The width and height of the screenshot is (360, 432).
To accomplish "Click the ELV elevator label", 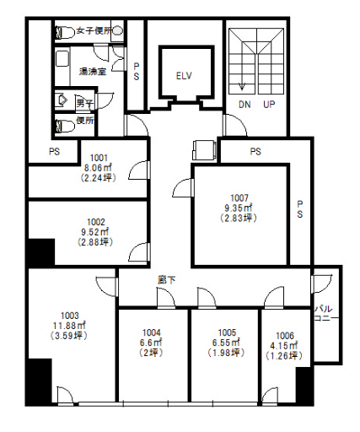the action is click(x=184, y=76).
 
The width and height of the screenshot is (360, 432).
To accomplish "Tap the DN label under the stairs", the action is click(x=244, y=105).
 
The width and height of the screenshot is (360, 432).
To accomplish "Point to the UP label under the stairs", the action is click(x=269, y=105).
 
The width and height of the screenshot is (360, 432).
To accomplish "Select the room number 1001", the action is click(x=99, y=158).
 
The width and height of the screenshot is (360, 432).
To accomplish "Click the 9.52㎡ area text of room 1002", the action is click(x=95, y=232).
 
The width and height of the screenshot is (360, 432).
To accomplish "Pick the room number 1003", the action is click(x=70, y=316).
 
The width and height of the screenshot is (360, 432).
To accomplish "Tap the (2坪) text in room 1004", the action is click(x=152, y=353).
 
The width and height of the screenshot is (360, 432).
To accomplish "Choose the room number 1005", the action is click(x=227, y=332).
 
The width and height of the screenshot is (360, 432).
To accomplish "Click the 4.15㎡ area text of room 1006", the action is click(x=284, y=346).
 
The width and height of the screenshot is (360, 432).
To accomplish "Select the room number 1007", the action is click(x=239, y=198).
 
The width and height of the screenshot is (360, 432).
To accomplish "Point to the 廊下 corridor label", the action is click(x=167, y=280).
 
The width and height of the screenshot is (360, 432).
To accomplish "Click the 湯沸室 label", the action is click(x=93, y=72).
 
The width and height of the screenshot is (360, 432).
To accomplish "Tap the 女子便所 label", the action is click(x=94, y=30).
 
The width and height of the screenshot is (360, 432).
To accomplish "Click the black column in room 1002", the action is click(x=41, y=252).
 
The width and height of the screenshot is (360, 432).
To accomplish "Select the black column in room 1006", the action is click(x=304, y=386).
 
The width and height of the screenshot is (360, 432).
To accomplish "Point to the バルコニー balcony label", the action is click(x=326, y=314).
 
